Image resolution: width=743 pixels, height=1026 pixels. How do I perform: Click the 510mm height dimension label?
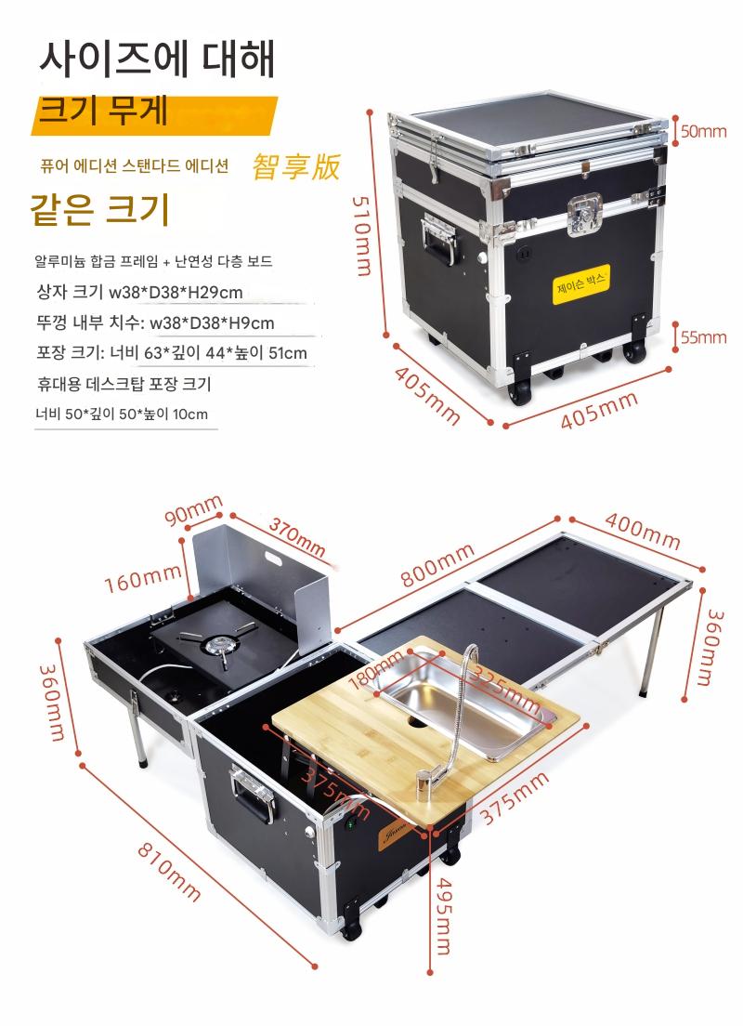coord(361,236)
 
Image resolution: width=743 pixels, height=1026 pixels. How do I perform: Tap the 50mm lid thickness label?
coord(703,132)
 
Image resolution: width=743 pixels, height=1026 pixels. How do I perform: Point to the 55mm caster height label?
coord(703,337)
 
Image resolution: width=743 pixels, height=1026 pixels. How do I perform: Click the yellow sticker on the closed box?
coord(580,285)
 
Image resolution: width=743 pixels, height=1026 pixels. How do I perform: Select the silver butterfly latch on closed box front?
coord(585,214)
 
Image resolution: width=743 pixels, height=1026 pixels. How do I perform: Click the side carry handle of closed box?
coord(439,239)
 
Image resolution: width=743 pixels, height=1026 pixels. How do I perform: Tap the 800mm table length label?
coord(437,565)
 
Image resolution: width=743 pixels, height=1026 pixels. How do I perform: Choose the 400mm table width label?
coord(643,531)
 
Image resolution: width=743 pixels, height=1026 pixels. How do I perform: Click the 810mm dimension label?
coord(169,872)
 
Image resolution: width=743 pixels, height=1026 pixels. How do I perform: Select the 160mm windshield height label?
coord(143,578)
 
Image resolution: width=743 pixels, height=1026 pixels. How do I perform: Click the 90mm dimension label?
coord(193,509)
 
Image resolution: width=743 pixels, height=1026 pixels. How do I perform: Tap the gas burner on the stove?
coord(219,645)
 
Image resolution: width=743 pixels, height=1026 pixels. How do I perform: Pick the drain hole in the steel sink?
coord(414,722)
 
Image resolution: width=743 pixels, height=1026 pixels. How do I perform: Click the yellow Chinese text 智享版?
coord(296,166)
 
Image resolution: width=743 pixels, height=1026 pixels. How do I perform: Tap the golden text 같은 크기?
coord(100,209)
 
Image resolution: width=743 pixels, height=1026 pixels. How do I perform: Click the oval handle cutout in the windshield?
coord(273,559)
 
